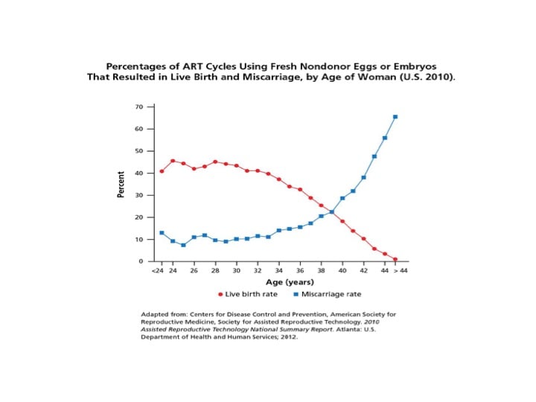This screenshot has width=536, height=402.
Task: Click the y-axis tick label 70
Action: [x=139, y=106]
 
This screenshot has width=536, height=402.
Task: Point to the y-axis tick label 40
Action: [x=139, y=173]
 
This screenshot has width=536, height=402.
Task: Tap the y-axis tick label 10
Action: [x=139, y=240]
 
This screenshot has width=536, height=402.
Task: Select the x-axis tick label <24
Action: [x=157, y=271]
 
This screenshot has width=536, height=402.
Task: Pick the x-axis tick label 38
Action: [x=321, y=271]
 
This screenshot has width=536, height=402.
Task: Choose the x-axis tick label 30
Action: [x=237, y=271]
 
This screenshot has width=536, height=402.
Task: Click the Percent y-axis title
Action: [x=121, y=184]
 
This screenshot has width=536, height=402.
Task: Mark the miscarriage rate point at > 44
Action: [x=395, y=117]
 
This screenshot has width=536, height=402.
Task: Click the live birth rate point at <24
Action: [x=162, y=171]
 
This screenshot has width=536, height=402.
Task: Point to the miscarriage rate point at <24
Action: [x=162, y=233]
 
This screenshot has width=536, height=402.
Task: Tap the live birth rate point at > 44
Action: [x=395, y=259]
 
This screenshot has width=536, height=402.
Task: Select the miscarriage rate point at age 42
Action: [x=363, y=178]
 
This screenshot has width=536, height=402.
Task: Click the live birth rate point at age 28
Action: [x=215, y=162]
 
